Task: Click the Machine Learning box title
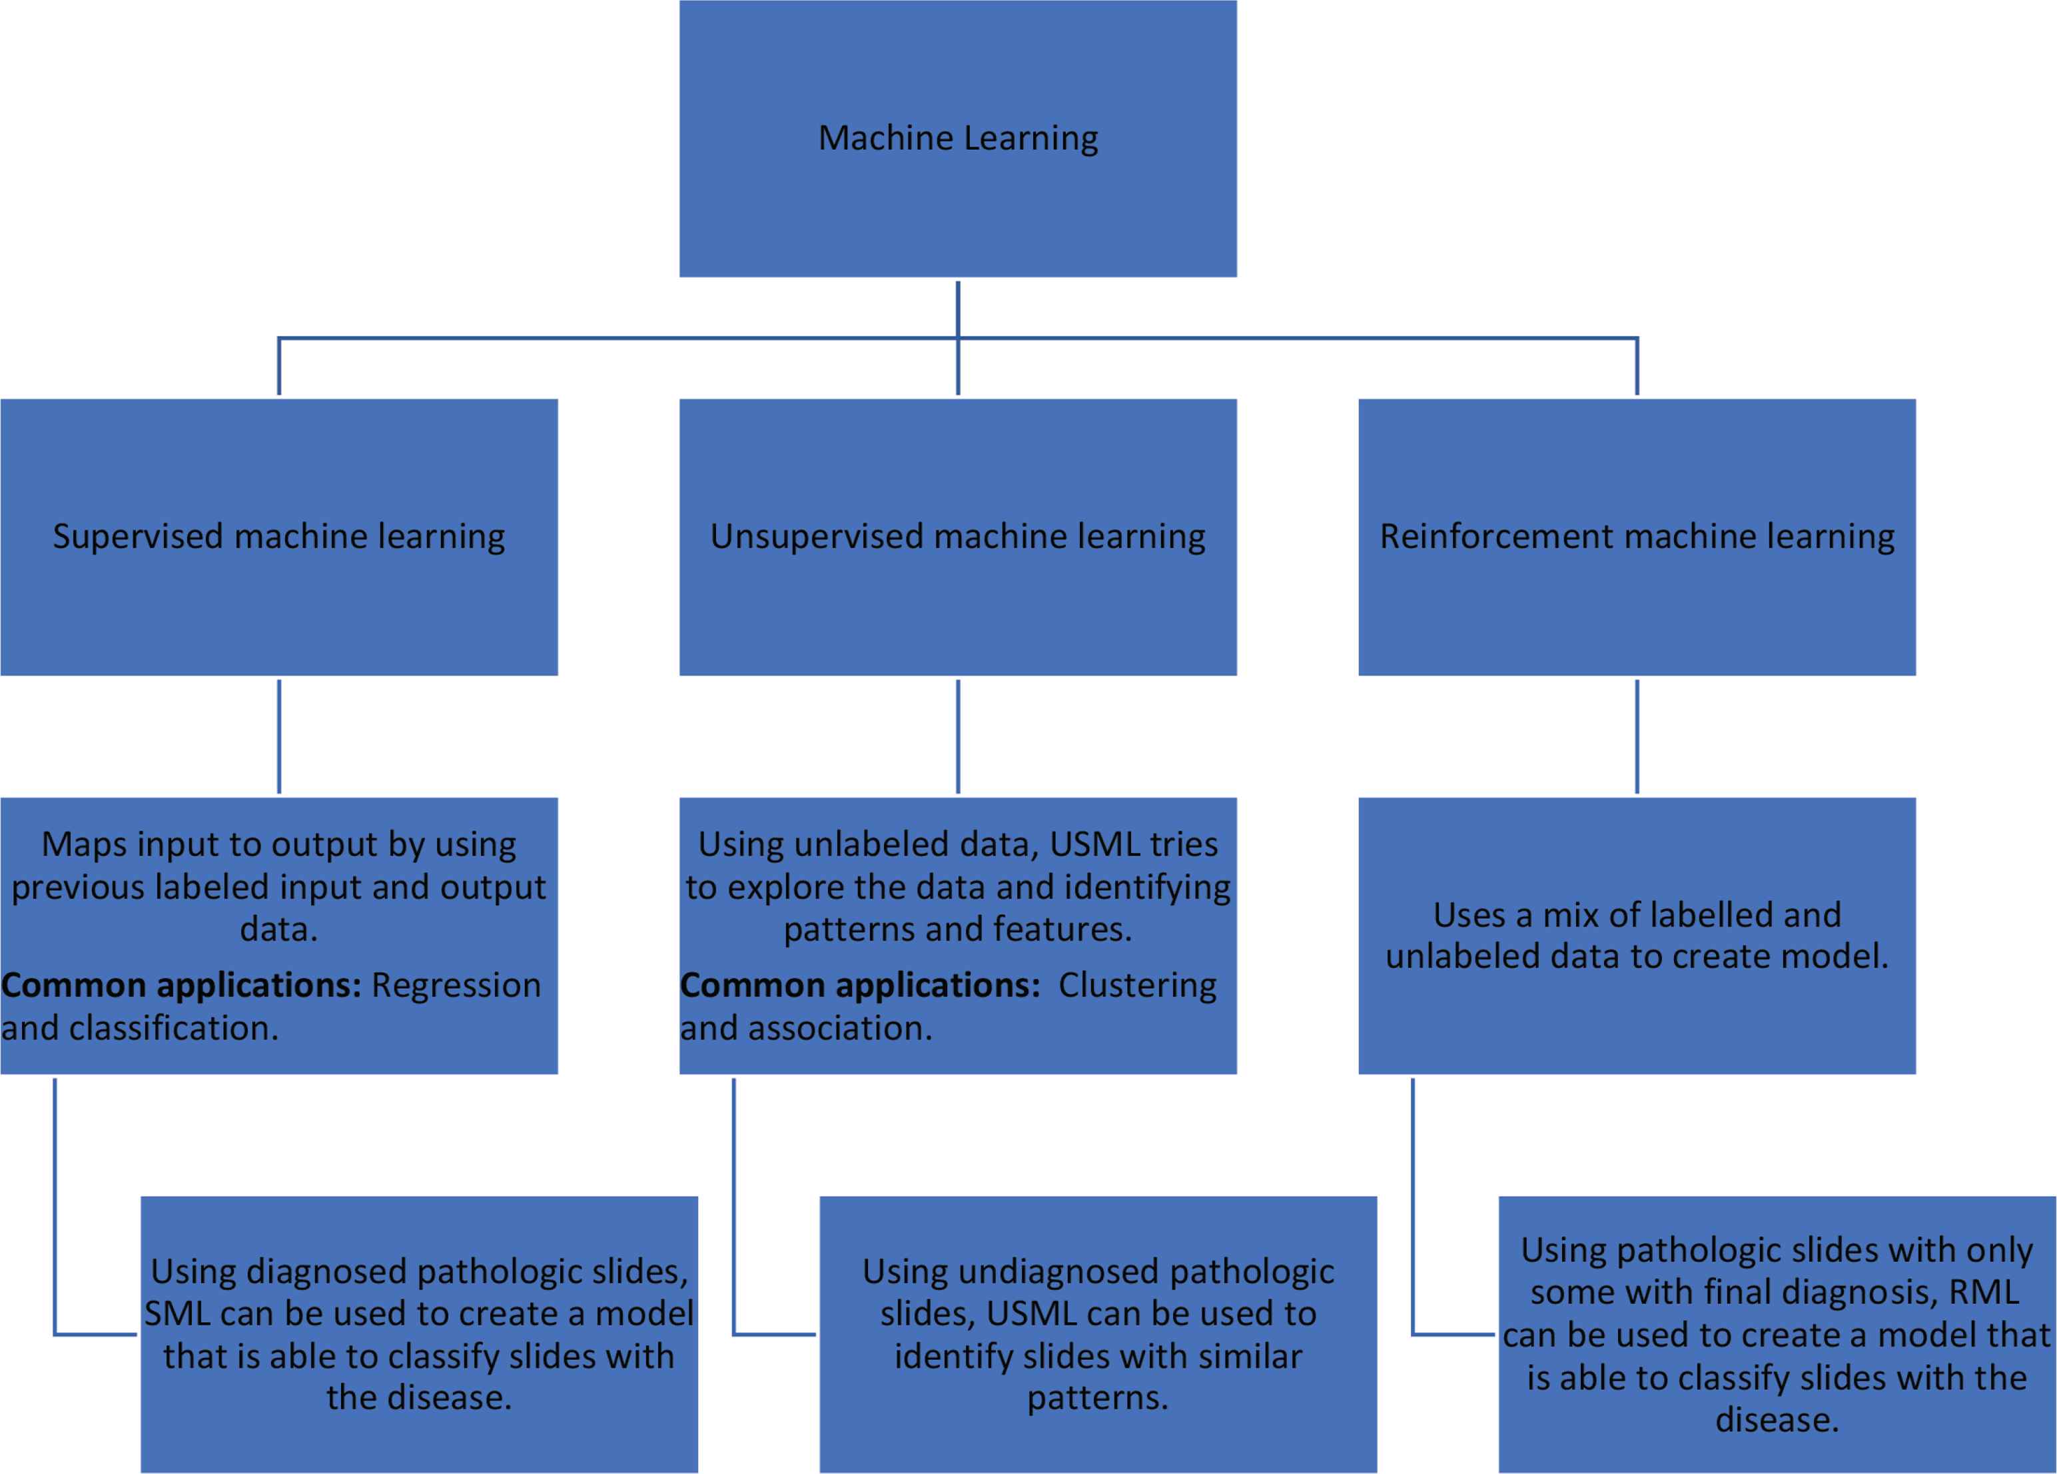pyautogui.click(x=958, y=138)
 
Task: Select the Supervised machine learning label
pyautogui.click(x=278, y=536)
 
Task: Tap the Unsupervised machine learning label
pyautogui.click(x=958, y=536)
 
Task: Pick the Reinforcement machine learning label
pyautogui.click(x=1637, y=536)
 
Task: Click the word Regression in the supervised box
pyautogui.click(x=455, y=985)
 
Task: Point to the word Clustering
pyautogui.click(x=1137, y=985)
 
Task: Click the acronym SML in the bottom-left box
pyautogui.click(x=178, y=1313)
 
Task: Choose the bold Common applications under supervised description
pyautogui.click(x=181, y=985)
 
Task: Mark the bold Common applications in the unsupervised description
pyautogui.click(x=860, y=985)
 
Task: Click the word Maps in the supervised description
pyautogui.click(x=78, y=844)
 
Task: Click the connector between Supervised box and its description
pyautogui.click(x=278, y=736)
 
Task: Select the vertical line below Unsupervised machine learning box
pyautogui.click(x=958, y=736)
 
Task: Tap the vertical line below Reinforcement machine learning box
pyautogui.click(x=1637, y=736)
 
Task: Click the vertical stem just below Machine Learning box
pyautogui.click(x=958, y=309)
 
